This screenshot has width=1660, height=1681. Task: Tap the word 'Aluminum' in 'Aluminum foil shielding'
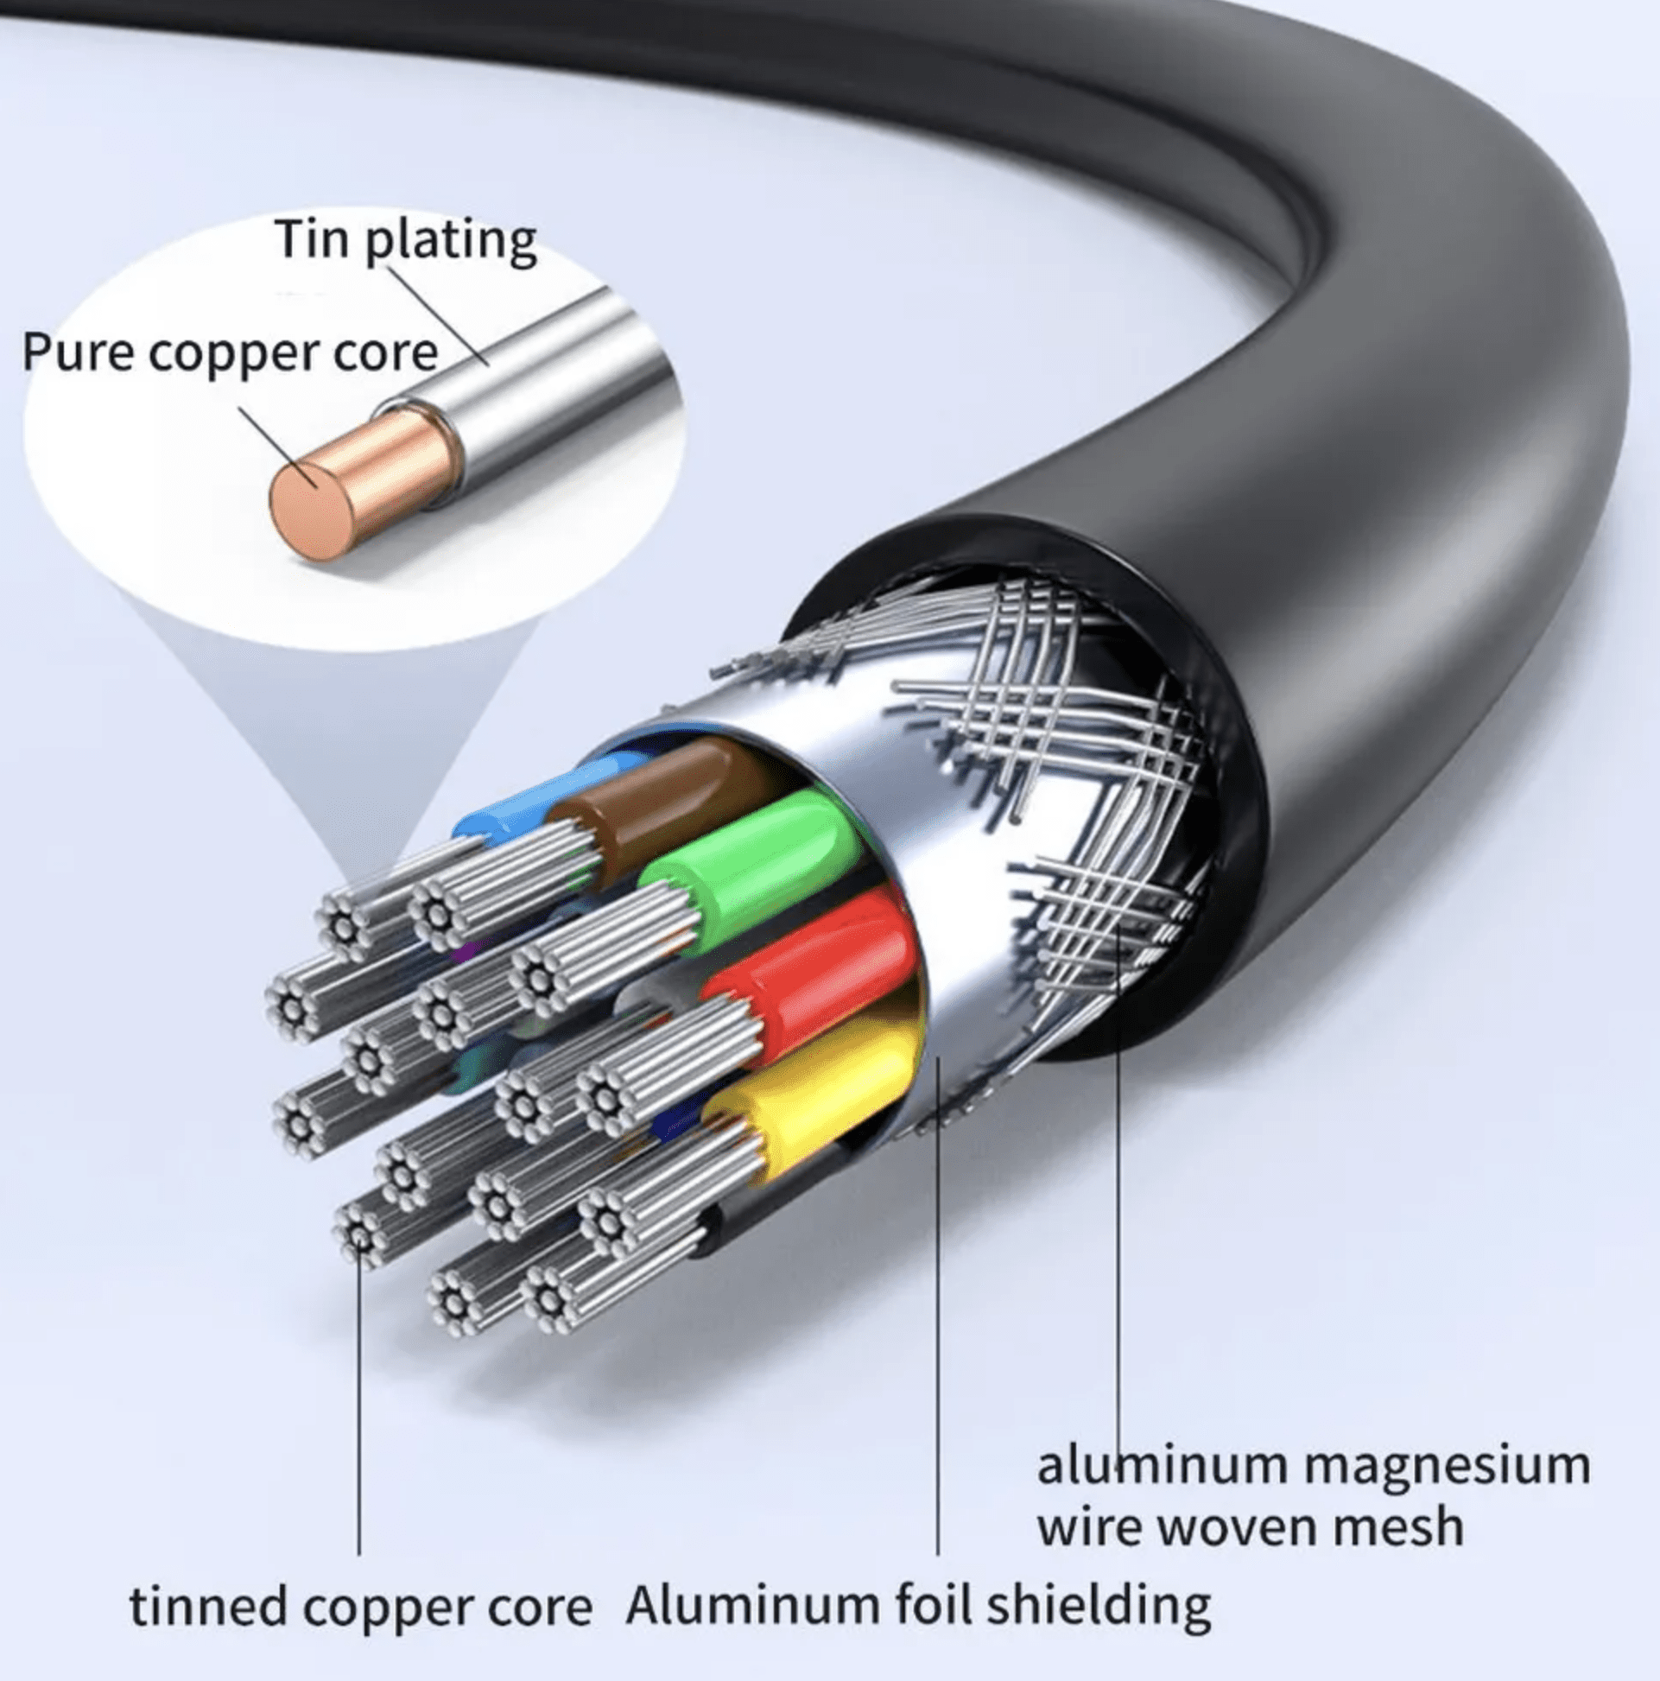coord(751,1603)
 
